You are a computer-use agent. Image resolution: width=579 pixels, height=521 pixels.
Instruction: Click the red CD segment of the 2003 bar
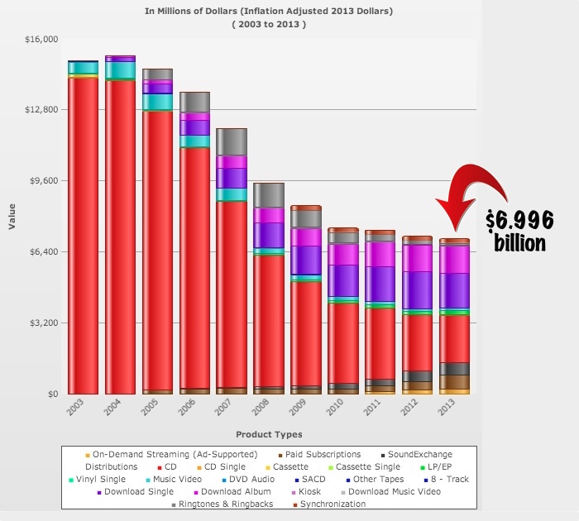[83, 236]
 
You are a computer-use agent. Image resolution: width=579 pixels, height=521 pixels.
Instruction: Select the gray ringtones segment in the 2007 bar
[232, 142]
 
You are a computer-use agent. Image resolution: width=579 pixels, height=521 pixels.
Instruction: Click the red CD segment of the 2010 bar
[343, 343]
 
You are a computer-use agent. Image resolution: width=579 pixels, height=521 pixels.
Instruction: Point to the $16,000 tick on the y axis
[41, 39]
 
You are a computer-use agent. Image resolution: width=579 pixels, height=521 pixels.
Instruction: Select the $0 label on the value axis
[50, 394]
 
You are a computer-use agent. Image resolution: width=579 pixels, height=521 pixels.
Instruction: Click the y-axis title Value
[11, 217]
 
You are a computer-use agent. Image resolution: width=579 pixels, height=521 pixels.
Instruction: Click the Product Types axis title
[269, 434]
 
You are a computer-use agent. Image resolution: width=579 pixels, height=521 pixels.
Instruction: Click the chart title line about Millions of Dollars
[269, 11]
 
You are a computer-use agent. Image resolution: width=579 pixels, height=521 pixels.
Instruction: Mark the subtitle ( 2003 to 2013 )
[269, 24]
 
